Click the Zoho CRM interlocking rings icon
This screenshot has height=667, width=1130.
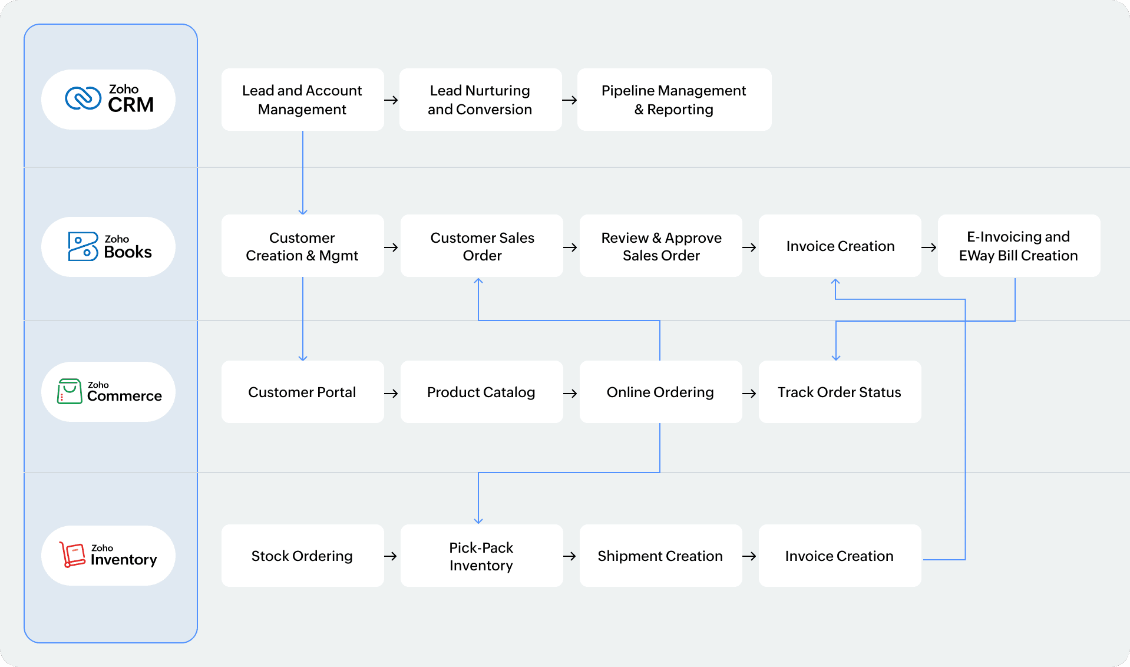(x=83, y=98)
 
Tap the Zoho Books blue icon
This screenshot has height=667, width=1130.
(x=82, y=246)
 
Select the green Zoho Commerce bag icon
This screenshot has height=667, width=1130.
(x=70, y=391)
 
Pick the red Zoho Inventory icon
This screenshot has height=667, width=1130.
(x=73, y=554)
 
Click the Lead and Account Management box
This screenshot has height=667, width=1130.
(x=302, y=100)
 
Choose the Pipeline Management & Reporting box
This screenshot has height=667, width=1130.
(x=674, y=100)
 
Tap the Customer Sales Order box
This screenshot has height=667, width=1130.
(x=482, y=246)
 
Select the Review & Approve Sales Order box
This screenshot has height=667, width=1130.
(x=661, y=246)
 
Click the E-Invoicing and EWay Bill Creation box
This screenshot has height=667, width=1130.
(x=1018, y=246)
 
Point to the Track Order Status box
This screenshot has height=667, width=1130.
(x=839, y=392)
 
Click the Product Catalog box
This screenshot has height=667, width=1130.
(x=481, y=392)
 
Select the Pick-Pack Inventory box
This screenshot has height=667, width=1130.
(x=481, y=556)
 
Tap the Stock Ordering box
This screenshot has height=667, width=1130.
(x=302, y=556)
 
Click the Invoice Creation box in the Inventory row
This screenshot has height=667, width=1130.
(x=839, y=556)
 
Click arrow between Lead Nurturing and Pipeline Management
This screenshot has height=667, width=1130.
(x=569, y=100)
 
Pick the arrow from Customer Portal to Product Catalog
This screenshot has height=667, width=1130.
(x=391, y=394)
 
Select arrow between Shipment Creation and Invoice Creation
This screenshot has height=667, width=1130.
(x=749, y=556)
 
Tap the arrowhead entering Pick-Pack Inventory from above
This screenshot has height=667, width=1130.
(x=478, y=520)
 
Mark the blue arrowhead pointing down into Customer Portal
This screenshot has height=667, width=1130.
(x=303, y=357)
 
